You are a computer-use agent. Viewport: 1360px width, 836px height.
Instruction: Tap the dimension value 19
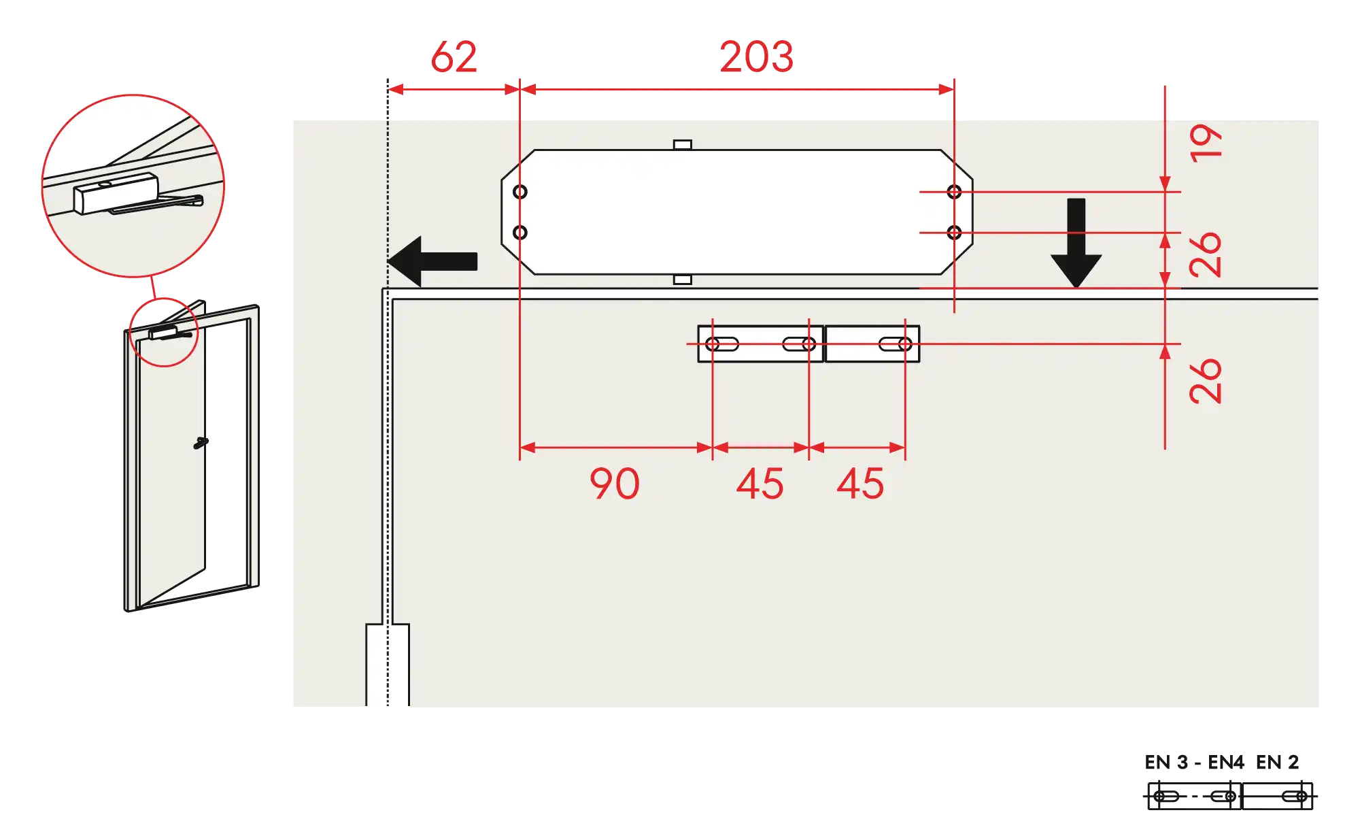(1206, 143)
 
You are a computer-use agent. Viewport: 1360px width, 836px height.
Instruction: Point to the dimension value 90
(614, 484)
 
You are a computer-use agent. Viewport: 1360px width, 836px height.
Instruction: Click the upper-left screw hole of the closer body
(520, 192)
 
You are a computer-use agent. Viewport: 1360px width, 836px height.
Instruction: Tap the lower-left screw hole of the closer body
(520, 233)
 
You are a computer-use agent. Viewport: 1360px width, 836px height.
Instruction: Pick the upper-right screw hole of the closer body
(954, 192)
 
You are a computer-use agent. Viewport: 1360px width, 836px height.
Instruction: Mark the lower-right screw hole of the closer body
(954, 233)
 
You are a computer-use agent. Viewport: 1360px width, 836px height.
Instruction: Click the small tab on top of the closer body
(682, 145)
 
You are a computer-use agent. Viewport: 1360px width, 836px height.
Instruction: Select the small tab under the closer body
(682, 280)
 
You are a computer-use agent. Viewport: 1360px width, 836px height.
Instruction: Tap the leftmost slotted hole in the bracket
(721, 344)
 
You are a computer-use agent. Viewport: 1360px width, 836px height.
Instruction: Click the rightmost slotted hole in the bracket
(895, 344)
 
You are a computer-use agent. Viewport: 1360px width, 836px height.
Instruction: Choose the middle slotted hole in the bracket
(799, 344)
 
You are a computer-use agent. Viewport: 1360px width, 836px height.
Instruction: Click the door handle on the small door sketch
(203, 443)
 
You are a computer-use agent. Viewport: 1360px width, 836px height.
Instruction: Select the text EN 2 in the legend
(1278, 762)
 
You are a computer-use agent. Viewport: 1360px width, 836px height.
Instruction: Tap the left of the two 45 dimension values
(760, 484)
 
